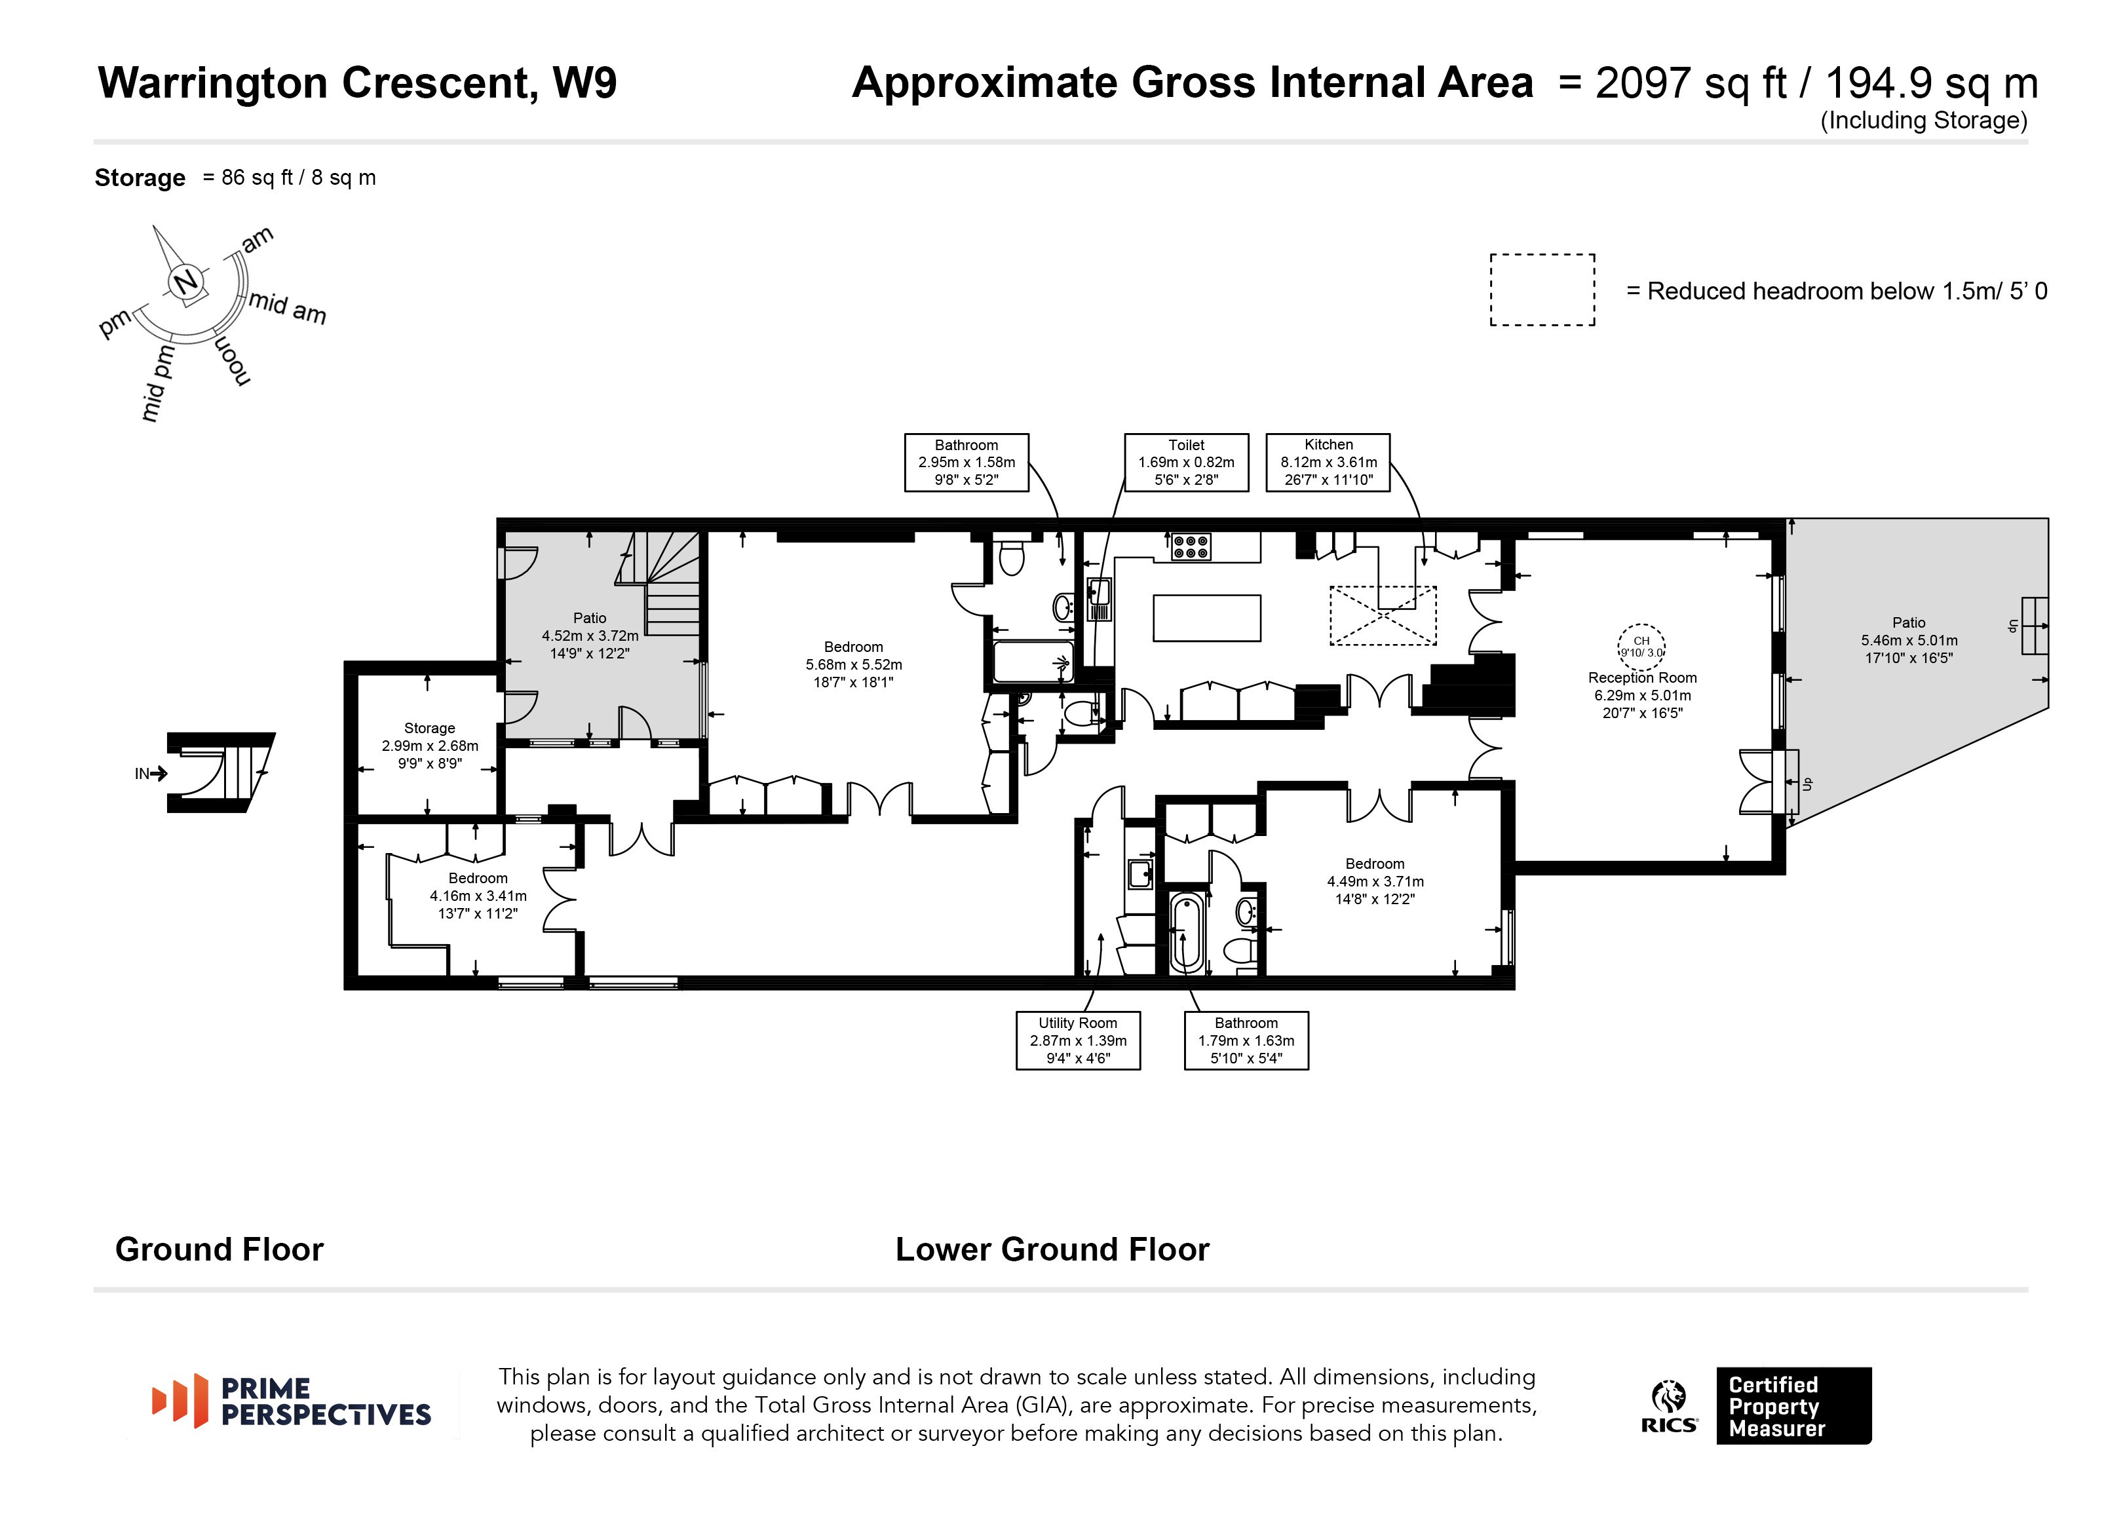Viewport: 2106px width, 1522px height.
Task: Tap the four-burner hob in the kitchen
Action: point(1191,546)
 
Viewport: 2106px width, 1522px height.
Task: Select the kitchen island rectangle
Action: point(1206,618)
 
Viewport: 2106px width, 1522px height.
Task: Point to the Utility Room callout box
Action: point(1078,1040)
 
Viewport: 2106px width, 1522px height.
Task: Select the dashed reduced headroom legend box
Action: point(1542,290)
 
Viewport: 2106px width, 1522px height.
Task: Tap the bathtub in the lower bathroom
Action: point(1187,932)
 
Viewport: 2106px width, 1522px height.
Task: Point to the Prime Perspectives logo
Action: point(292,1401)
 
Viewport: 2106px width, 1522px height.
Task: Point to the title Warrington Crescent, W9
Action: point(358,84)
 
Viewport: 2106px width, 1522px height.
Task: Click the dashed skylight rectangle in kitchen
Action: point(1383,616)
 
